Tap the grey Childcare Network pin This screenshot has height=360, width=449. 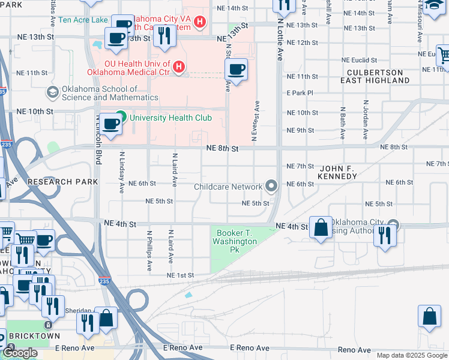pyautogui.click(x=272, y=187)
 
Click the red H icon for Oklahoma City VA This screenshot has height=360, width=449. pyautogui.click(x=200, y=23)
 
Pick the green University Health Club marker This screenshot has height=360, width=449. pyautogui.click(x=121, y=117)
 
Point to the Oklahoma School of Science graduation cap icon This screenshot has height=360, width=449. pyautogui.click(x=52, y=92)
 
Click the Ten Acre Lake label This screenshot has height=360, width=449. pyautogui.click(x=84, y=20)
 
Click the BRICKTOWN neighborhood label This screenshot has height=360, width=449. pyautogui.click(x=29, y=336)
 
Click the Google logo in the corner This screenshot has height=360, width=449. pyautogui.click(x=20, y=353)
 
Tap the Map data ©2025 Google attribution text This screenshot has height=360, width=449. pyautogui.click(x=412, y=355)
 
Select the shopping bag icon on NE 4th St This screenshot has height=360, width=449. pyautogui.click(x=321, y=227)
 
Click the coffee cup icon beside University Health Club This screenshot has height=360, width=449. pyautogui.click(x=110, y=124)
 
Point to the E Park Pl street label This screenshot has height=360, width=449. pyautogui.click(x=300, y=93)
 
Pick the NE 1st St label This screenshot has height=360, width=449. pyautogui.click(x=181, y=275)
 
